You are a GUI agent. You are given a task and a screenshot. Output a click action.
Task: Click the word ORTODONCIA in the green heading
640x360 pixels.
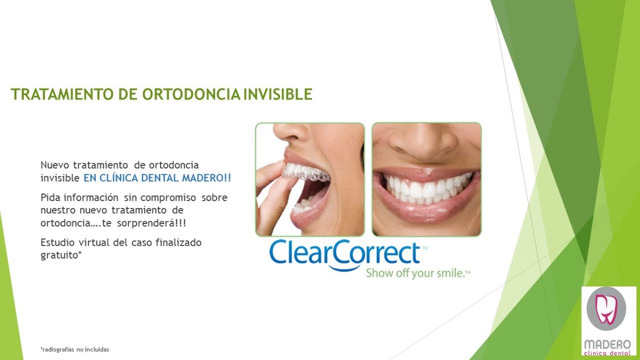(x=191, y=94)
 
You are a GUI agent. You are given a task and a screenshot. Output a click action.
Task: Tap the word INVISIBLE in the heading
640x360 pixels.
(x=278, y=94)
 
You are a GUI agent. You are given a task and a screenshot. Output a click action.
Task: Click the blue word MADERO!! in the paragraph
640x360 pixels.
(x=206, y=178)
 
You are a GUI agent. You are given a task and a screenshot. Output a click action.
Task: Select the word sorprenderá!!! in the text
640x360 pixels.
(x=151, y=223)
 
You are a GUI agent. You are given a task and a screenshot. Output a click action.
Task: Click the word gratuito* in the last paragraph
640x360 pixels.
(x=61, y=255)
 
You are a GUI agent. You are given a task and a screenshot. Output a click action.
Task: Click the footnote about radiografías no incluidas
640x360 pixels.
(x=75, y=349)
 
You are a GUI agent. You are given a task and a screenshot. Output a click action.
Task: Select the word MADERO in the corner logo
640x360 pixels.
(x=607, y=345)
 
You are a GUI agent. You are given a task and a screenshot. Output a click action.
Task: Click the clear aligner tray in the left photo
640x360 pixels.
(x=305, y=172)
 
